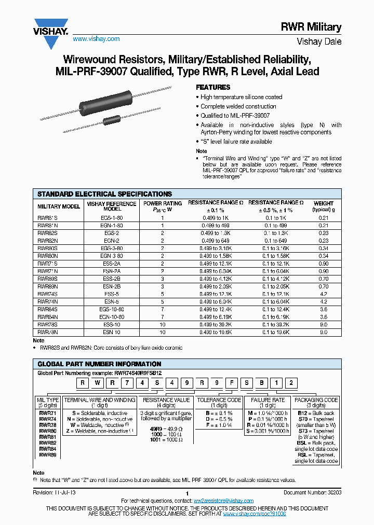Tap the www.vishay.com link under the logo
[96, 39]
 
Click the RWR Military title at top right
[318, 27]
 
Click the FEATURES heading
[212, 87]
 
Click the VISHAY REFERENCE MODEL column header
[111, 206]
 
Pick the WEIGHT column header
[323, 206]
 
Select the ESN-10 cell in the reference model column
[111, 332]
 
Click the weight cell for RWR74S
[323, 294]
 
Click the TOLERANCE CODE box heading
[219, 400]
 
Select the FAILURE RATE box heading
[268, 400]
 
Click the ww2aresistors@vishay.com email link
[223, 501]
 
